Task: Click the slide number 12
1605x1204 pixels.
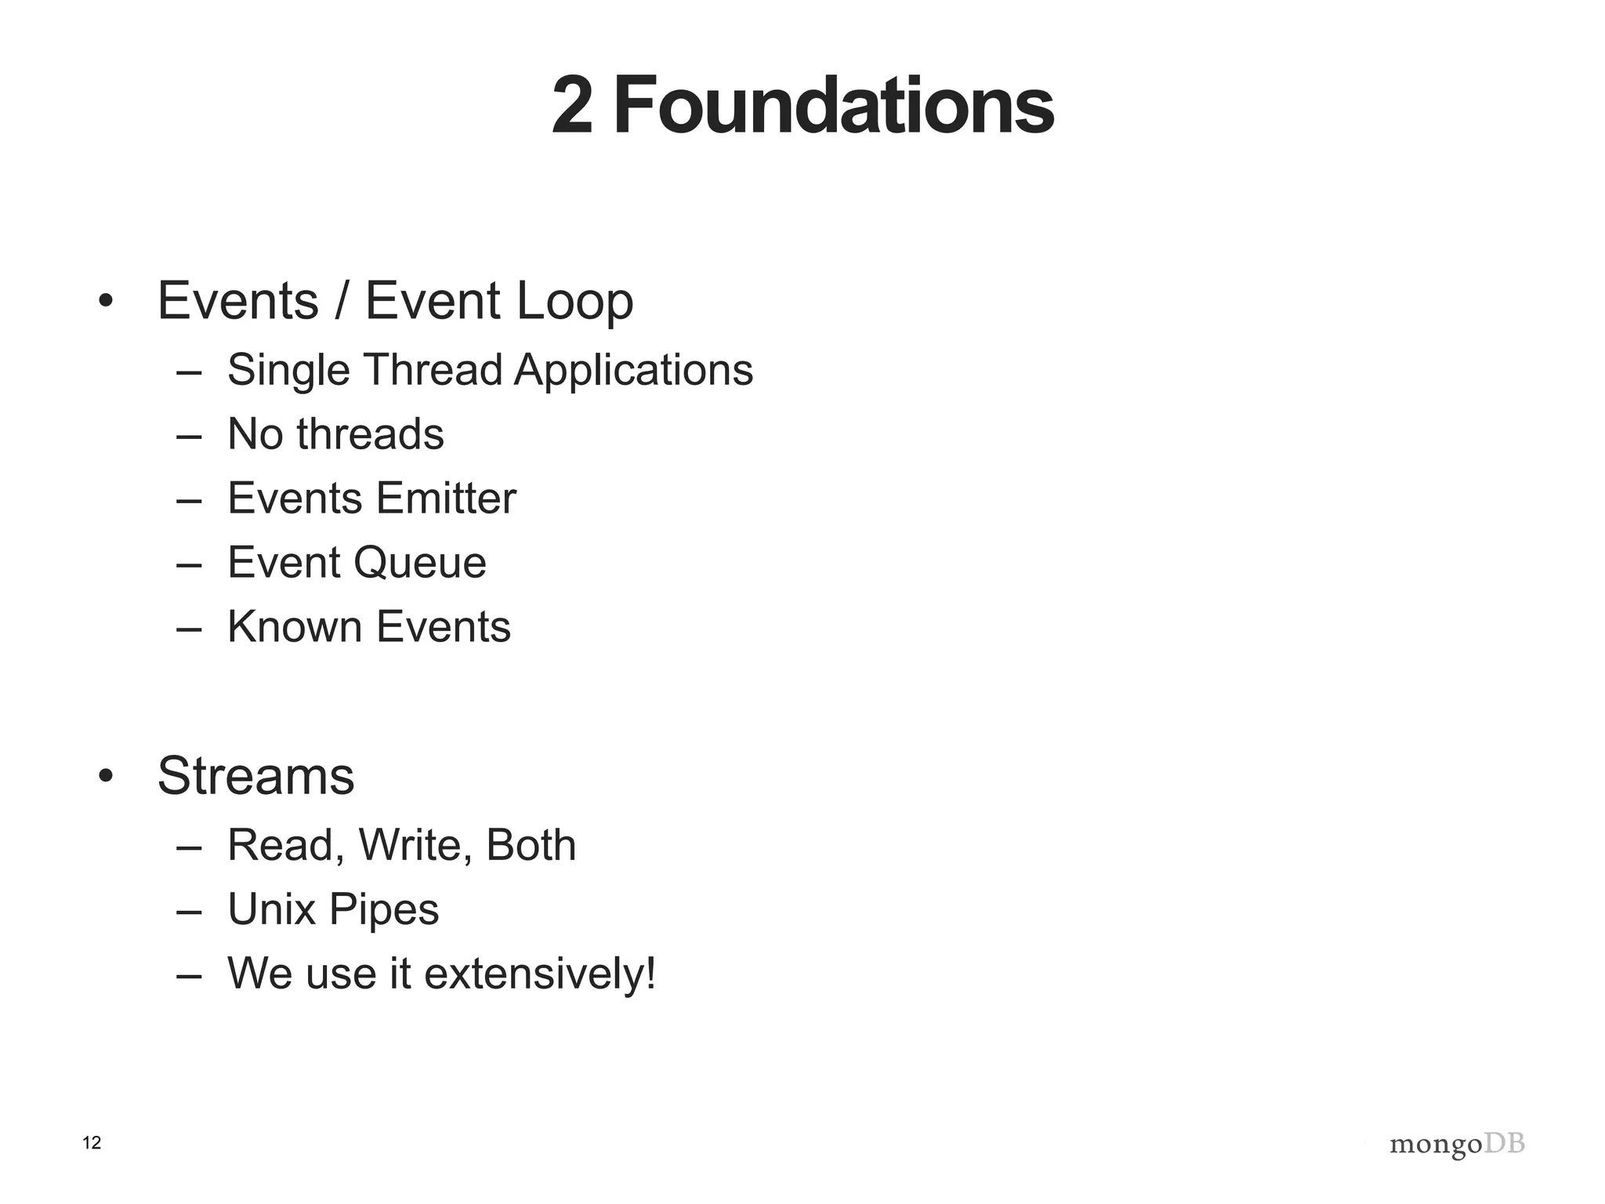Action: point(92,1143)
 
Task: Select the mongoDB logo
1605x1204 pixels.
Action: point(1457,1144)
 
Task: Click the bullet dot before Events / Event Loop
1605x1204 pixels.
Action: point(106,302)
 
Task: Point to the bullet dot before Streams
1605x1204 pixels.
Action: point(106,777)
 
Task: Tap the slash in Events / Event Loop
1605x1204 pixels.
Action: point(341,302)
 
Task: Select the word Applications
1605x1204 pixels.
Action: point(633,370)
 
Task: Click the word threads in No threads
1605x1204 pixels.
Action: point(370,433)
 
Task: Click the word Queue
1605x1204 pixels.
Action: point(419,563)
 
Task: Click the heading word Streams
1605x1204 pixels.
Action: point(255,776)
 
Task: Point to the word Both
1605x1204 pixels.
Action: point(531,845)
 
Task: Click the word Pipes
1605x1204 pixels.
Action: point(383,910)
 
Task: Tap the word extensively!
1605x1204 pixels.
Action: point(539,974)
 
